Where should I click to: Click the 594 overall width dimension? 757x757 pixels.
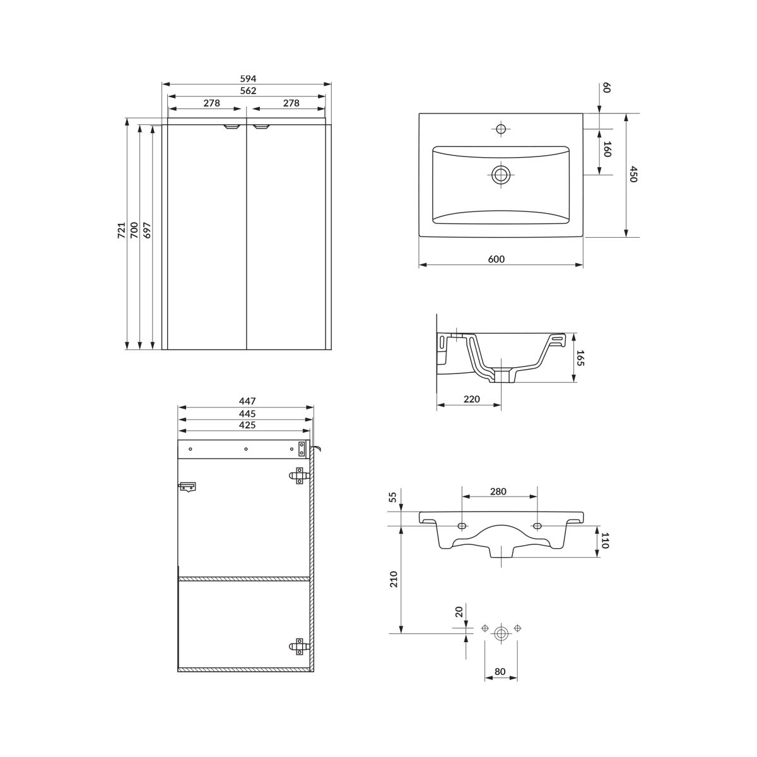(248, 79)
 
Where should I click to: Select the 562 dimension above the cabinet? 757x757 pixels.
(248, 91)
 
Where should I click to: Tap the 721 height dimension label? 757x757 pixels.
(121, 230)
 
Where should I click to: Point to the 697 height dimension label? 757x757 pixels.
(147, 230)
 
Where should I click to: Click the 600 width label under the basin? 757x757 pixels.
(496, 259)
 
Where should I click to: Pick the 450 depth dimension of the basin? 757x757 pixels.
(633, 174)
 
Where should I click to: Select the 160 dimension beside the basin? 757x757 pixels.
(607, 150)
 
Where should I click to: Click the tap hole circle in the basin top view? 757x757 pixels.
(500, 129)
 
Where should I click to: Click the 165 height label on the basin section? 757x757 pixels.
(580, 358)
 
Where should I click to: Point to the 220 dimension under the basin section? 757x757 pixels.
(471, 399)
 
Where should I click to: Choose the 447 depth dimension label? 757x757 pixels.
(247, 401)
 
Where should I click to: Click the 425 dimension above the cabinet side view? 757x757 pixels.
(247, 425)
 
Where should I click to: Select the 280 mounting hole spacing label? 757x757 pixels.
(498, 491)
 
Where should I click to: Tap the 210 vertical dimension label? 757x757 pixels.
(394, 579)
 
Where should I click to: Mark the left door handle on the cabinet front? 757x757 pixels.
(232, 127)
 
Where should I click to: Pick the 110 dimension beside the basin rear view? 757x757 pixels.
(604, 541)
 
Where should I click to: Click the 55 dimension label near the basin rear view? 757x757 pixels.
(394, 497)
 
